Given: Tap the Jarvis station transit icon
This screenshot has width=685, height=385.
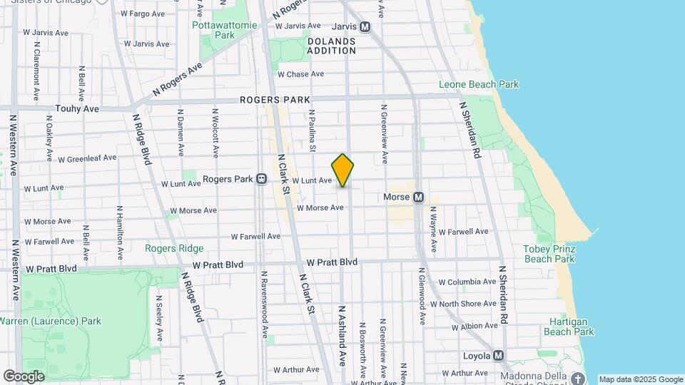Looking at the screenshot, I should coord(365,27).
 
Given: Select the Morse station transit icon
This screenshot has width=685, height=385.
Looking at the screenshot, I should coord(419,197).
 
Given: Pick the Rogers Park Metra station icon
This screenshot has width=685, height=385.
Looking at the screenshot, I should coord(262,179).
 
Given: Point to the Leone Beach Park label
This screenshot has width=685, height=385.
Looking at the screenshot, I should coord(488,85).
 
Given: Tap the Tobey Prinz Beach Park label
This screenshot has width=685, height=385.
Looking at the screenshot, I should coord(549,254).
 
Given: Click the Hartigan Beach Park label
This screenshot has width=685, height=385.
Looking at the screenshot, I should coord(569,327).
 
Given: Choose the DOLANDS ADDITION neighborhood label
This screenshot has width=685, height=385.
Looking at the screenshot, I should coord(331,46).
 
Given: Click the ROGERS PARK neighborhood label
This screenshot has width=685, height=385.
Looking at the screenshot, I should coord(275,100).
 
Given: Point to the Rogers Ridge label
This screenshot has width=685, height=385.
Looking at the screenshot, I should coord(174,248).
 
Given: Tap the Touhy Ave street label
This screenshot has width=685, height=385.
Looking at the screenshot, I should coord(77,109).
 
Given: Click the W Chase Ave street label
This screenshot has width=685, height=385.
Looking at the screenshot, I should coord(300,74).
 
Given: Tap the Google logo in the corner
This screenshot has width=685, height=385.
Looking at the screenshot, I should coord(24,376).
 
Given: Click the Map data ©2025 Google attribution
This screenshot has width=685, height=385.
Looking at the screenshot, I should coord(640,379).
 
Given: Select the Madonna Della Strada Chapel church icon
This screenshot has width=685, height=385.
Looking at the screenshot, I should coord(578,378).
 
